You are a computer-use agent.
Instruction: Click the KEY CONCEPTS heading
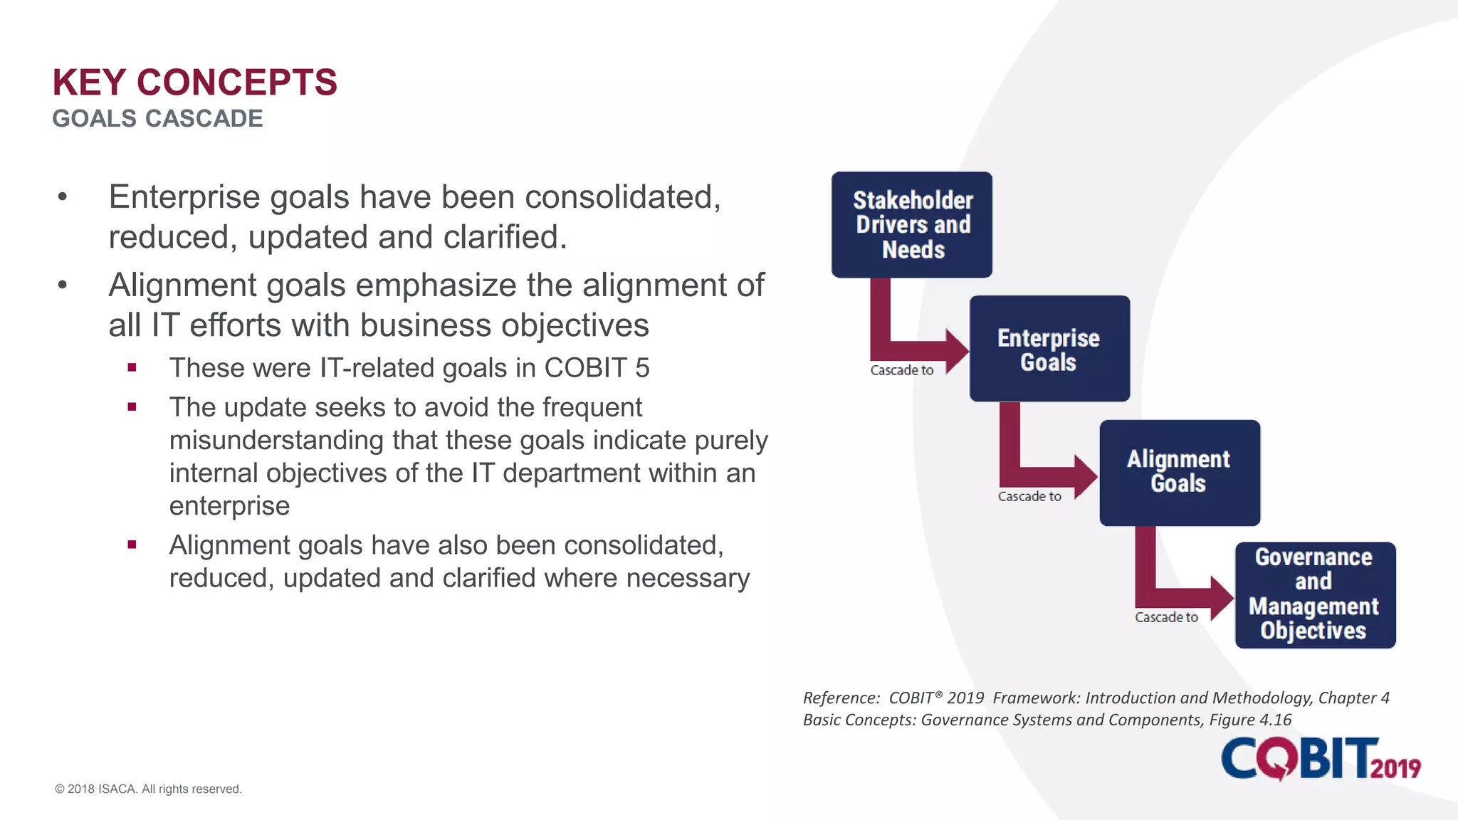point(194,83)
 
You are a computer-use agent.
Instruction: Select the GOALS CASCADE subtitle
point(157,118)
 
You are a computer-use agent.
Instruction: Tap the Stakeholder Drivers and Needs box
point(911,224)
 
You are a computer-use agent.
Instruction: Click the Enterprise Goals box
point(1049,349)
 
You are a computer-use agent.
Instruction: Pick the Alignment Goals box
point(1179,472)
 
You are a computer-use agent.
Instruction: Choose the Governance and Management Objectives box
point(1314,594)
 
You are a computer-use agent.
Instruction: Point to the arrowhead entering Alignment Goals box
point(1086,476)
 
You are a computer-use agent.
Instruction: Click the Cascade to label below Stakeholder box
point(901,370)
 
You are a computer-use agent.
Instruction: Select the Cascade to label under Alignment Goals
point(1166,617)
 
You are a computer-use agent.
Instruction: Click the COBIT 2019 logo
point(1320,759)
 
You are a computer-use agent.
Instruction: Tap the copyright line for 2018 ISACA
point(148,789)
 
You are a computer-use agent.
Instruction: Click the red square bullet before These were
point(132,368)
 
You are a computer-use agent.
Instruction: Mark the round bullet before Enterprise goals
point(63,197)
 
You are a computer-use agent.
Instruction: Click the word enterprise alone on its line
point(229,505)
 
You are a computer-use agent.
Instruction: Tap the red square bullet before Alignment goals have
point(132,545)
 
